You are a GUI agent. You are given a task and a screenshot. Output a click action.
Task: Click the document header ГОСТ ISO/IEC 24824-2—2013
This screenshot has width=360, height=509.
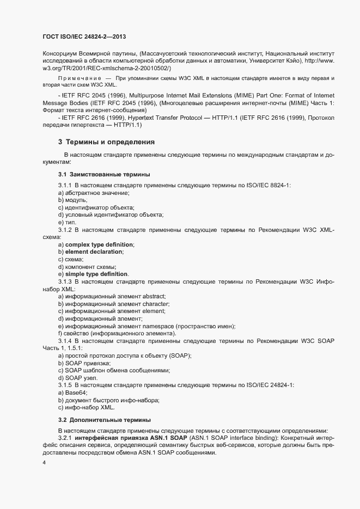(x=85, y=36)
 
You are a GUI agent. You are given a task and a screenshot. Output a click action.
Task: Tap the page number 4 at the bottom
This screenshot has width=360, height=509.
(x=44, y=463)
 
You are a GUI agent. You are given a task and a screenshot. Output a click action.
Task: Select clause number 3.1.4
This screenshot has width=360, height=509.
(x=65, y=341)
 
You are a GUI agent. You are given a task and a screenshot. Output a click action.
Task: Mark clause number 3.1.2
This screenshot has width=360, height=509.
(x=65, y=230)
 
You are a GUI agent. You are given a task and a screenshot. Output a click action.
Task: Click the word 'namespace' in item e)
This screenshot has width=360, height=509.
(x=160, y=326)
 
